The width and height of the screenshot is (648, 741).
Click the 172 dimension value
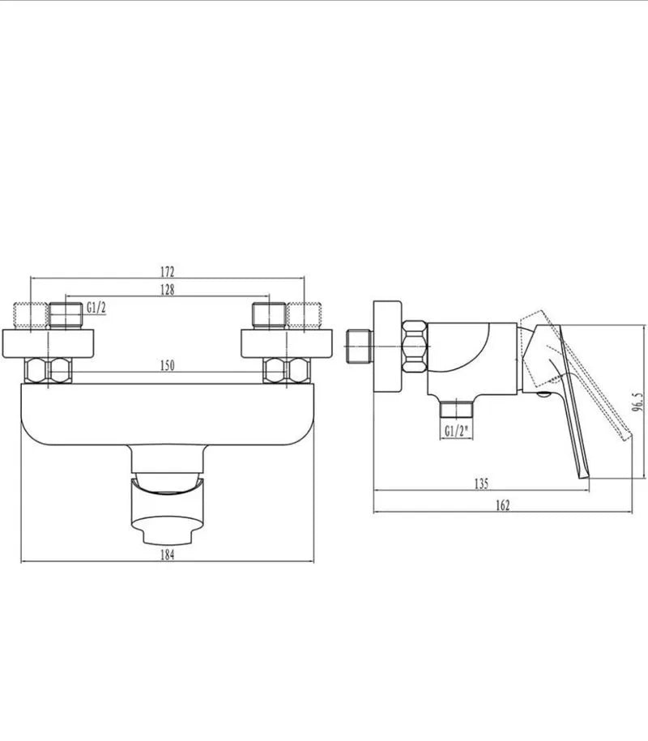pyautogui.click(x=168, y=272)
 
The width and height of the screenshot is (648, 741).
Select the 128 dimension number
pyautogui.click(x=168, y=289)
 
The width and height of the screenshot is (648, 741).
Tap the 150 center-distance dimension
pyautogui.click(x=168, y=365)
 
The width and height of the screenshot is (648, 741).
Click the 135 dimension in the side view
pyautogui.click(x=481, y=484)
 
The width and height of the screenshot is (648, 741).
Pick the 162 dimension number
pyautogui.click(x=503, y=505)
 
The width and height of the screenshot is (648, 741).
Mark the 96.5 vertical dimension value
pyautogui.click(x=638, y=402)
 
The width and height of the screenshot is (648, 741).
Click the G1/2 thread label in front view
pyautogui.click(x=96, y=308)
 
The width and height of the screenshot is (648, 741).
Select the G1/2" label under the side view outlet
pyautogui.click(x=456, y=431)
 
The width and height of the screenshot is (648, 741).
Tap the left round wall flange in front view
pyautogui.click(x=48, y=343)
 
